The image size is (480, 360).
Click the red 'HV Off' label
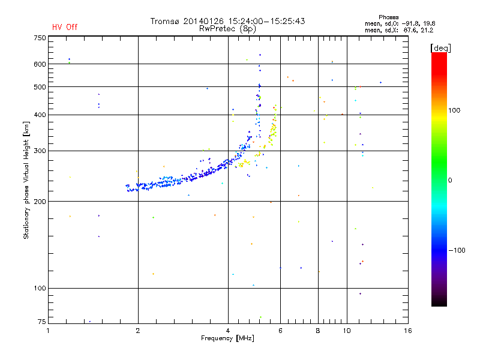64,27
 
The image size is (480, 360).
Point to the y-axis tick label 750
39,38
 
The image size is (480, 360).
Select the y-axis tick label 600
39,64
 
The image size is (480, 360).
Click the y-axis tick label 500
39,87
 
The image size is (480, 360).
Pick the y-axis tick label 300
39,151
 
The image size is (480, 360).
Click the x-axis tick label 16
408,331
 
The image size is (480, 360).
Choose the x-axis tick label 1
49,331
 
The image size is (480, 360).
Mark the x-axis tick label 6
280,331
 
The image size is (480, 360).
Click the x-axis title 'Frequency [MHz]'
227,338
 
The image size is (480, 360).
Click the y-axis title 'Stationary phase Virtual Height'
26,180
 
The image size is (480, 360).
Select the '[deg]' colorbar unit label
441,47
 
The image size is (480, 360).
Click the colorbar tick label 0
451,180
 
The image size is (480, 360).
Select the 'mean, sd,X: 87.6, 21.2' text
400,29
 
